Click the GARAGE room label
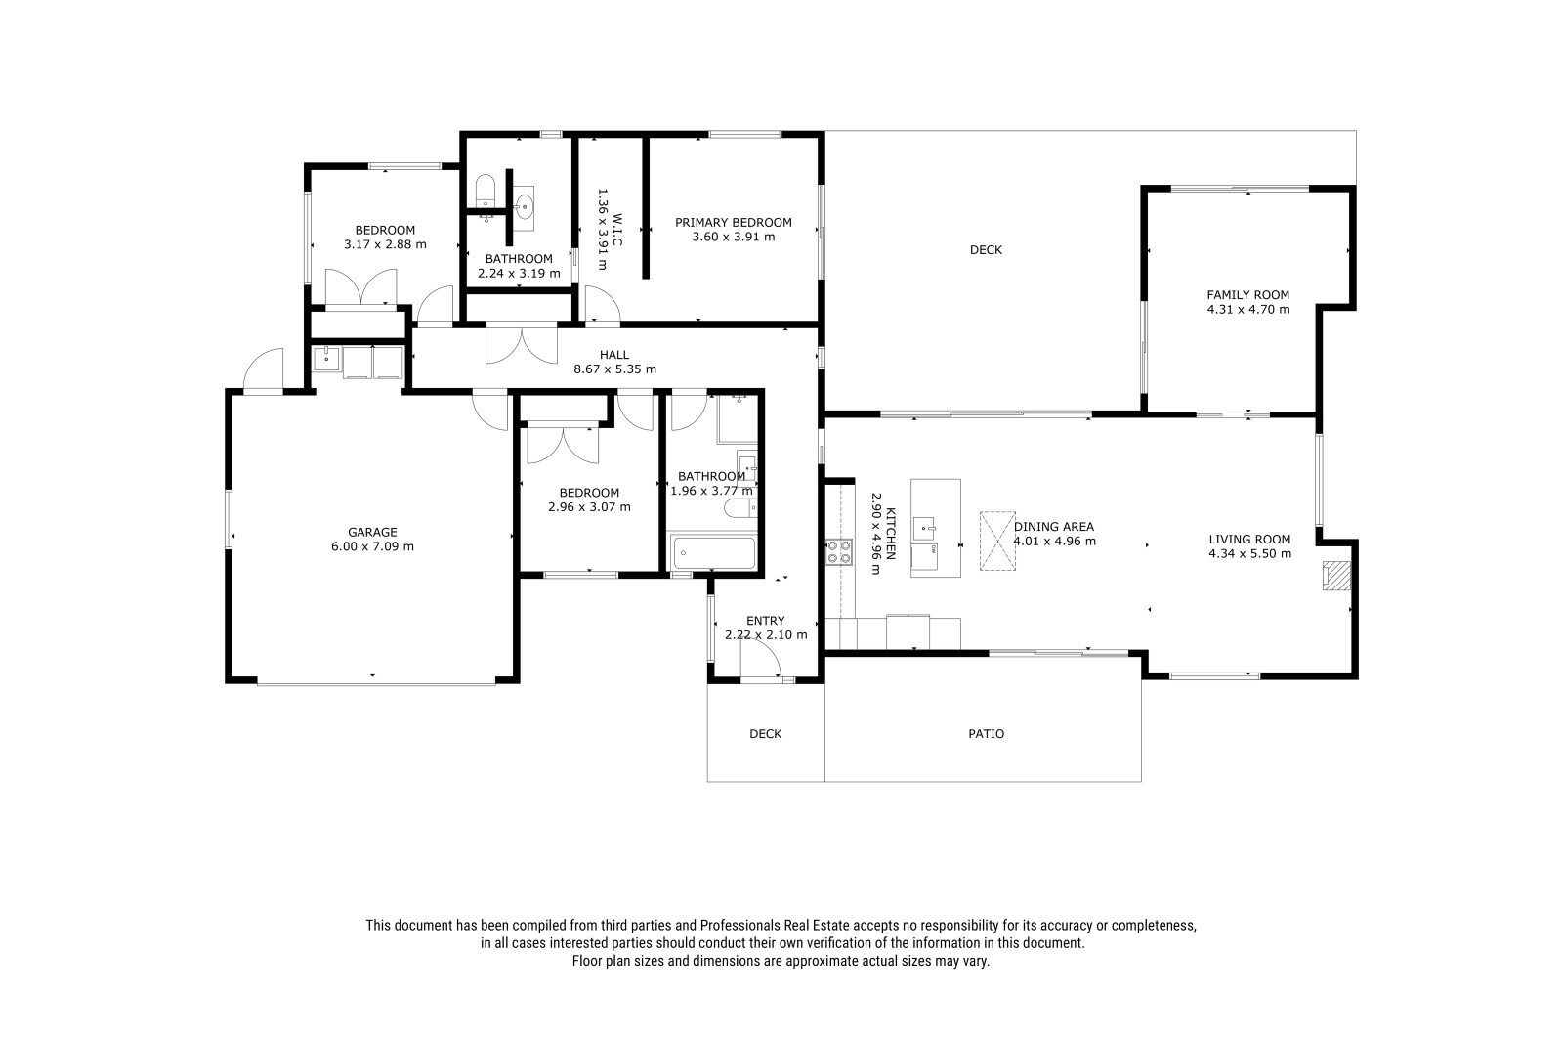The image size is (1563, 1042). coord(372,532)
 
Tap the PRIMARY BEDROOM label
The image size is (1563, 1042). coord(734,222)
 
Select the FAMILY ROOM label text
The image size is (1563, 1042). coord(1248,295)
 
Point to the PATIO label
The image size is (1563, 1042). coord(986,733)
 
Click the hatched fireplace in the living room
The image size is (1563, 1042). coord(1336,576)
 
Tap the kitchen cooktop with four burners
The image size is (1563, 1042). coord(839,551)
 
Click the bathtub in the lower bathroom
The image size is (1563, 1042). coord(712,553)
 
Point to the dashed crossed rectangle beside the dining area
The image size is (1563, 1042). coord(997,542)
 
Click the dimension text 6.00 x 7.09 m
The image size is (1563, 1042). coord(372,546)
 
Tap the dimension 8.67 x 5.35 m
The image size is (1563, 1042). coord(614,369)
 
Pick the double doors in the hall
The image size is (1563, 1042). coord(522,344)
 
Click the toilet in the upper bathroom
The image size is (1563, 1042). coord(485,190)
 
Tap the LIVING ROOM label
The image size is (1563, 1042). coord(1249,540)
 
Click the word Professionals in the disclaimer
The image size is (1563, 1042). coord(739,926)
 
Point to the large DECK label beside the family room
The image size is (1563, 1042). coord(986,249)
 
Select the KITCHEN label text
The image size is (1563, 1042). coord(890,534)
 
